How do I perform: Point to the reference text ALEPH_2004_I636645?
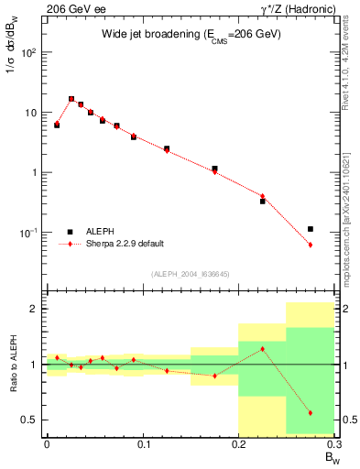[x=190, y=274]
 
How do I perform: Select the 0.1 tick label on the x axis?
[x=142, y=444]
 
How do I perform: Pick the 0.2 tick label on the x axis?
[x=238, y=444]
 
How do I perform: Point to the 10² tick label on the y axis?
[x=30, y=52]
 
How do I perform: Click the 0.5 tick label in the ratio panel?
[x=31, y=420]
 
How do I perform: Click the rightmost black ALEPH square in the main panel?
[x=311, y=229]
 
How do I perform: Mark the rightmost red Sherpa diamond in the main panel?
[x=311, y=245]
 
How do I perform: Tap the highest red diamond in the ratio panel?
[x=263, y=349]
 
